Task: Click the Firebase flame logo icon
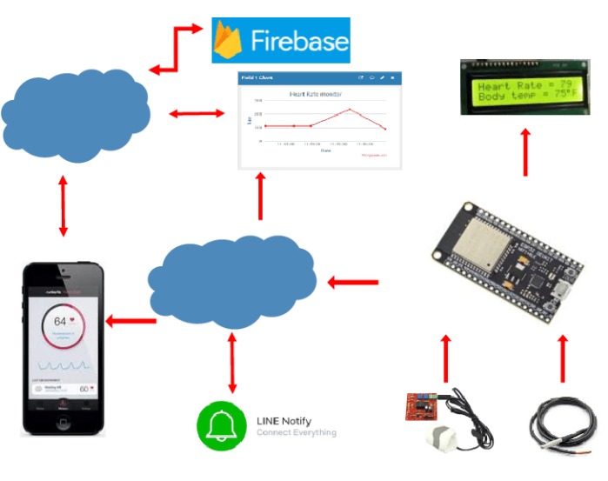tap(230, 40)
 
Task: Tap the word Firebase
tap(298, 41)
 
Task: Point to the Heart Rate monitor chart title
tap(314, 94)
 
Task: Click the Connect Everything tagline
tap(297, 432)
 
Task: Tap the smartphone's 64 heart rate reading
tap(61, 320)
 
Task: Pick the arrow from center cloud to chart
tap(259, 195)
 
